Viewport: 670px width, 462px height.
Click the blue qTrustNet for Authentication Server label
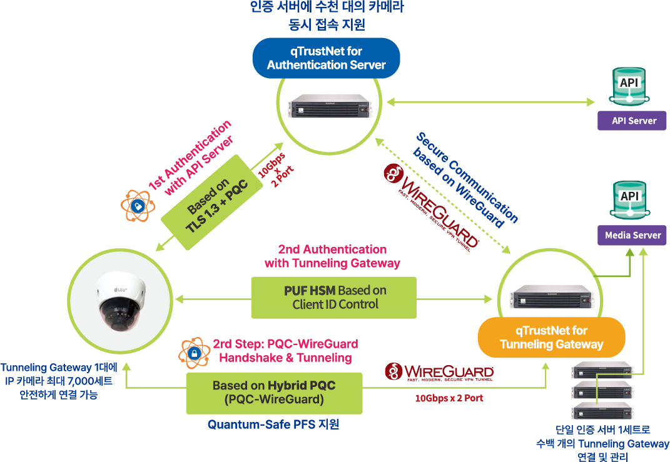326,58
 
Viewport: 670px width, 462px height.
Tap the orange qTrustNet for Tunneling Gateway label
551,338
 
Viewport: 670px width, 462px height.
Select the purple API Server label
634,121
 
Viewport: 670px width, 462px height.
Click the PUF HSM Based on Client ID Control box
334,298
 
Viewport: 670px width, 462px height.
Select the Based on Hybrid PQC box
274,393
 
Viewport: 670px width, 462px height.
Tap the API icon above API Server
629,87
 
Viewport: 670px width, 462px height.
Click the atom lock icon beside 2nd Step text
194,353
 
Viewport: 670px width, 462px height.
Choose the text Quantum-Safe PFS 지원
273,424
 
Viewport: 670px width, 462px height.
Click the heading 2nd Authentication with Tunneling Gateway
332,256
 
